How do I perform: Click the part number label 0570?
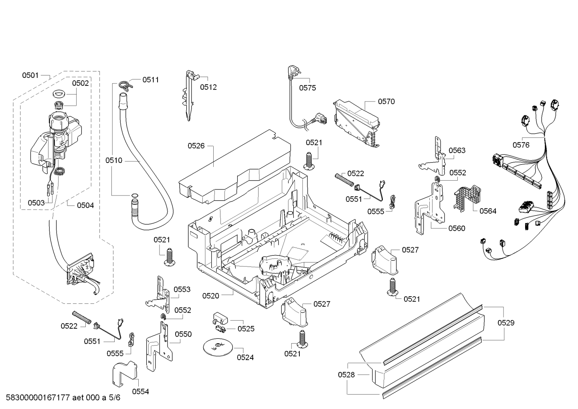pyautogui.click(x=386, y=102)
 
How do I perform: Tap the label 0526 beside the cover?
pyautogui.click(x=196, y=146)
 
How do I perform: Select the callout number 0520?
pyautogui.click(x=210, y=296)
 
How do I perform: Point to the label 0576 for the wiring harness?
pyautogui.click(x=521, y=145)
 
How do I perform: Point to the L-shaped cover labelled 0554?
pyautogui.click(x=125, y=374)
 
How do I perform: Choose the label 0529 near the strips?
pyautogui.click(x=506, y=323)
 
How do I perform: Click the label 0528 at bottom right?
pyautogui.click(x=346, y=374)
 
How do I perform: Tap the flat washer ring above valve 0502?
pyautogui.click(x=59, y=94)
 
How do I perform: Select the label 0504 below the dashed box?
pyautogui.click(x=85, y=206)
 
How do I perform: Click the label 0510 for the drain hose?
pyautogui.click(x=114, y=161)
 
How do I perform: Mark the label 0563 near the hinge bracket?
pyautogui.click(x=457, y=151)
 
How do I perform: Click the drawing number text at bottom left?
pyautogui.click(x=63, y=397)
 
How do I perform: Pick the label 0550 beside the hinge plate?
pyautogui.click(x=183, y=334)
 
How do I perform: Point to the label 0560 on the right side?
pyautogui.click(x=457, y=228)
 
